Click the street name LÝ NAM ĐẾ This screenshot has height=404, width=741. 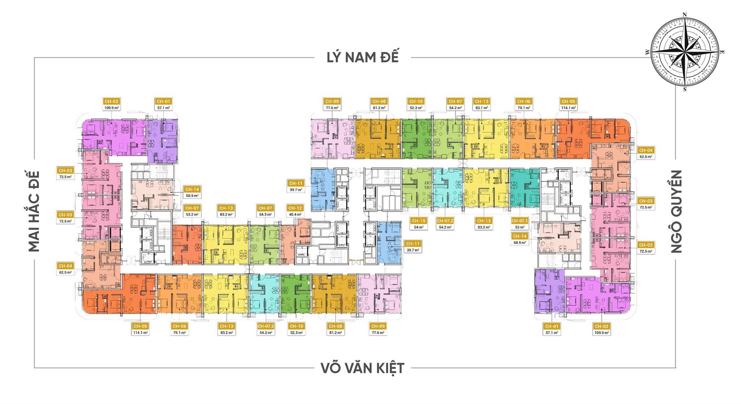pyautogui.click(x=363, y=57)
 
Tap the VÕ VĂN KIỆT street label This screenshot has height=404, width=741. pyautogui.click(x=362, y=368)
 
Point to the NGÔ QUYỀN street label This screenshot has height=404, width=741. pyautogui.click(x=676, y=211)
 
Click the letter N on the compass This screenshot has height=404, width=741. pyautogui.click(x=684, y=14)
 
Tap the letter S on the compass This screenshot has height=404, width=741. pyautogui.click(x=685, y=89)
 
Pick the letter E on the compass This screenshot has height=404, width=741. pyautogui.click(x=722, y=52)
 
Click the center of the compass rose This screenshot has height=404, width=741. pyautogui.click(x=685, y=52)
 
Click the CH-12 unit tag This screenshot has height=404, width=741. pyautogui.click(x=295, y=208)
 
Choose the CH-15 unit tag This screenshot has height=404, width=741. pyautogui.click(x=419, y=221)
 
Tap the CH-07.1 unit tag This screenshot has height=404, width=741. pyautogui.click(x=520, y=221)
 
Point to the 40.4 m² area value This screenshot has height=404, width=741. pyautogui.click(x=295, y=214)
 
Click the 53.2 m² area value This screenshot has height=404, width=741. pyautogui.click(x=192, y=214)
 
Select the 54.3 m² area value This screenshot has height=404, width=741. pyautogui.click(x=265, y=214)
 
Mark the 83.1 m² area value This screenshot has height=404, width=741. pyautogui.click(x=481, y=108)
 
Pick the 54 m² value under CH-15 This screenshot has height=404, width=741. pyautogui.click(x=419, y=227)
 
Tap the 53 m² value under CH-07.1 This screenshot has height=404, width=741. pyautogui.click(x=520, y=227)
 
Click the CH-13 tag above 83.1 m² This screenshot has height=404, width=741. pyautogui.click(x=481, y=101)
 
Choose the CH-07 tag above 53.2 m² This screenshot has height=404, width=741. pyautogui.click(x=192, y=208)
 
